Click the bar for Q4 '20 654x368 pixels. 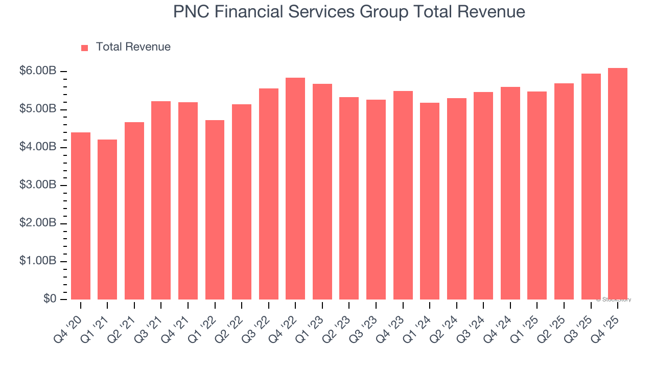81,216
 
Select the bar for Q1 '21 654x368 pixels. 107,219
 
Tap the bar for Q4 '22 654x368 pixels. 295,189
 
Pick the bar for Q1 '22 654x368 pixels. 215,210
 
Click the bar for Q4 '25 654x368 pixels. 618,183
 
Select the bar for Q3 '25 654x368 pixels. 591,187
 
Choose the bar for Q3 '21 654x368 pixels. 161,200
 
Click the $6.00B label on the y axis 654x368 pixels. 38,72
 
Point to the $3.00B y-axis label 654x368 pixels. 38,185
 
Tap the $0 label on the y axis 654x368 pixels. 49,299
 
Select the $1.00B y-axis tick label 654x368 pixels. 38,261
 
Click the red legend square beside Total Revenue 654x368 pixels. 85,48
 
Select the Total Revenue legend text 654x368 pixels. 133,47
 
